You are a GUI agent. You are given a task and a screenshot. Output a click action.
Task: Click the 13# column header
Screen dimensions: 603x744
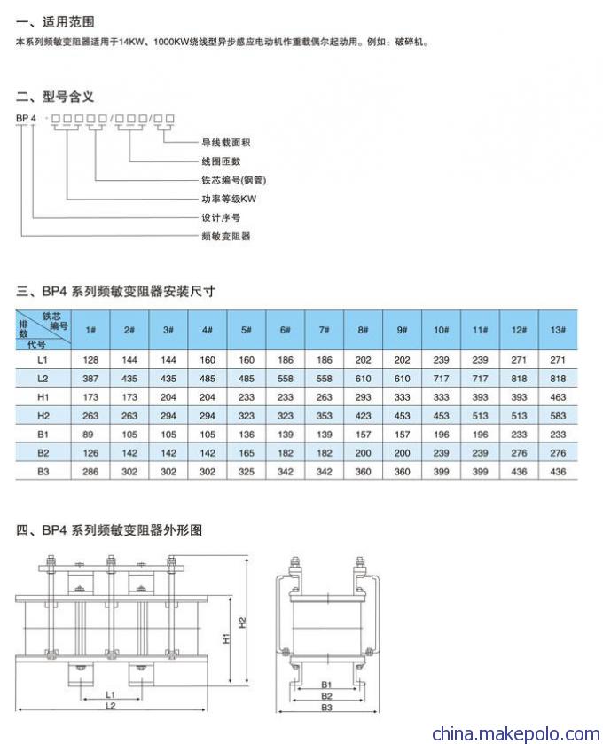[x=558, y=330]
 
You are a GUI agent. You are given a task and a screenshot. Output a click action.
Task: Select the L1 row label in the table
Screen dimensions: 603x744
[x=43, y=360]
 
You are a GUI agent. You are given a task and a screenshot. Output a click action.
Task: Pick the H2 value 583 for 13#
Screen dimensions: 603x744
[x=558, y=416]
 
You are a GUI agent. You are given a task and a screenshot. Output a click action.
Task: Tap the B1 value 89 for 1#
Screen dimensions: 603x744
[x=89, y=435]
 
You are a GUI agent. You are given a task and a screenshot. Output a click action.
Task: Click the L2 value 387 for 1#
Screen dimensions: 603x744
[x=90, y=379]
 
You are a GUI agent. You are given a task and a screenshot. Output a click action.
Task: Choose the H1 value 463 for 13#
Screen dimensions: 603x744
[x=558, y=397]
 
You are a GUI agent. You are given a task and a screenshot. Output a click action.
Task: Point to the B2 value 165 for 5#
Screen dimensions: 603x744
[x=247, y=453]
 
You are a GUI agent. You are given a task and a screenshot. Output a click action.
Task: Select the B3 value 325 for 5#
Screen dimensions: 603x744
[x=247, y=472]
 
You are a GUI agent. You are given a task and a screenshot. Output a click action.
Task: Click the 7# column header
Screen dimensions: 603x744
[x=324, y=330]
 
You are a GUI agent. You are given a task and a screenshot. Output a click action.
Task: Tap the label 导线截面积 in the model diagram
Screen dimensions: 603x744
[x=226, y=143]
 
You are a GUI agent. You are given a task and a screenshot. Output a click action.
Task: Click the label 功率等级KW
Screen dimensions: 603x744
[x=229, y=199]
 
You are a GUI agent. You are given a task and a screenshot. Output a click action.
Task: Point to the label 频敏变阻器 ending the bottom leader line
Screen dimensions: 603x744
[x=226, y=236]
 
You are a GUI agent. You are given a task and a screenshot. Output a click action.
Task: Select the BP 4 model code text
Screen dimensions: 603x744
[x=26, y=118]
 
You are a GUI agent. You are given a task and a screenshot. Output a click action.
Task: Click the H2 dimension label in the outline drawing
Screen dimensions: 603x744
[x=242, y=622]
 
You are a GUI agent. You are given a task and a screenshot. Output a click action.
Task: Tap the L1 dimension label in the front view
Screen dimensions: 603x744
[x=110, y=694]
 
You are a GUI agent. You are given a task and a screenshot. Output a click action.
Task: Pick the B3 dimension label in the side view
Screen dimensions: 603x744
[x=327, y=708]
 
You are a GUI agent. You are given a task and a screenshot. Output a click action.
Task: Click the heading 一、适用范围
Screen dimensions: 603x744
[x=55, y=22]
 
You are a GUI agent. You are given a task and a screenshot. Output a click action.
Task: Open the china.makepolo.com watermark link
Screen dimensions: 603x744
[x=516, y=733]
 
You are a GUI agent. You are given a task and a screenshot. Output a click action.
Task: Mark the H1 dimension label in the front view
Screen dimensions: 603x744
[x=226, y=638]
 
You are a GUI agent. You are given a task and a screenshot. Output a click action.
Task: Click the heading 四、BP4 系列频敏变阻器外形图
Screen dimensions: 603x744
[x=109, y=530]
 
